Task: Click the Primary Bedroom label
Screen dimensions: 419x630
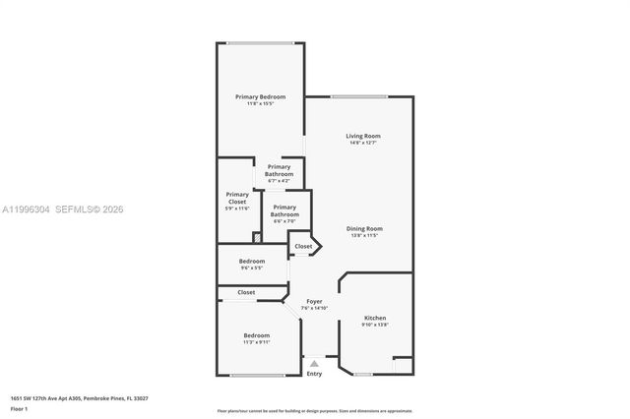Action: coord(260,96)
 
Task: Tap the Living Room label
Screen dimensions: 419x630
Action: coord(362,136)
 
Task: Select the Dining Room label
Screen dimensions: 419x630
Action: coord(362,229)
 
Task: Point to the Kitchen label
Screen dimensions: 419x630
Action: coord(375,318)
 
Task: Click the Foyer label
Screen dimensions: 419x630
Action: coord(314,301)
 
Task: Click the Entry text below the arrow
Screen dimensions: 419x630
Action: coord(314,374)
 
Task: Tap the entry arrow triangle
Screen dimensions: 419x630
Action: coord(314,363)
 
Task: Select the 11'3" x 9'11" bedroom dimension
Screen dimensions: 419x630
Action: coord(257,342)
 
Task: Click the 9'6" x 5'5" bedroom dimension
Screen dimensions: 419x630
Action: coord(252,268)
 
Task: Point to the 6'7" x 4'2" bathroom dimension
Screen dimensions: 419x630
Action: coord(279,181)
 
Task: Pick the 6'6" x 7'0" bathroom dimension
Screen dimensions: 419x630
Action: coord(284,220)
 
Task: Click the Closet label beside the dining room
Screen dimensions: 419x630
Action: coord(303,246)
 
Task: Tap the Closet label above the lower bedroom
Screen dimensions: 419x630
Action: coord(246,292)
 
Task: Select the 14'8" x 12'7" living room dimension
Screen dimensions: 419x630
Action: coord(362,143)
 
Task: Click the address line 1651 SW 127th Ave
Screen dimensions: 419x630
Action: coord(79,398)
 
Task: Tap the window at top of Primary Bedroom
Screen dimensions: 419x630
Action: coord(260,42)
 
